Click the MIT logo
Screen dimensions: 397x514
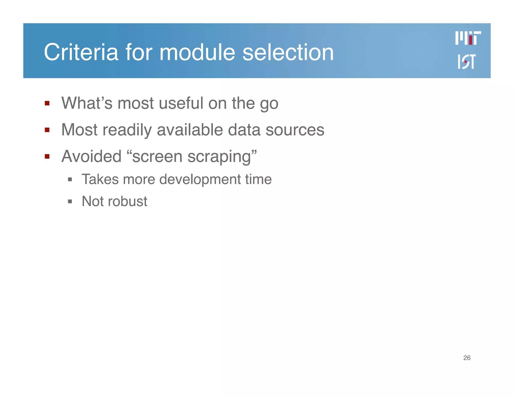click(x=468, y=38)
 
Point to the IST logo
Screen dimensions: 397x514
click(x=466, y=61)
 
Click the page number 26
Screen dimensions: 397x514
click(x=467, y=358)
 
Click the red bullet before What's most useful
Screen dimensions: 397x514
click(x=47, y=103)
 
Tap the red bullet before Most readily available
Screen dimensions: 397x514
click(x=47, y=130)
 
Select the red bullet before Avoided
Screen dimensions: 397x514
click(x=47, y=157)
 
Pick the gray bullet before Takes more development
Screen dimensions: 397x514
click(x=70, y=180)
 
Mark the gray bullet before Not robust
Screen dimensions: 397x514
click(x=70, y=202)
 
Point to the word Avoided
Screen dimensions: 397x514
click(x=92, y=156)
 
